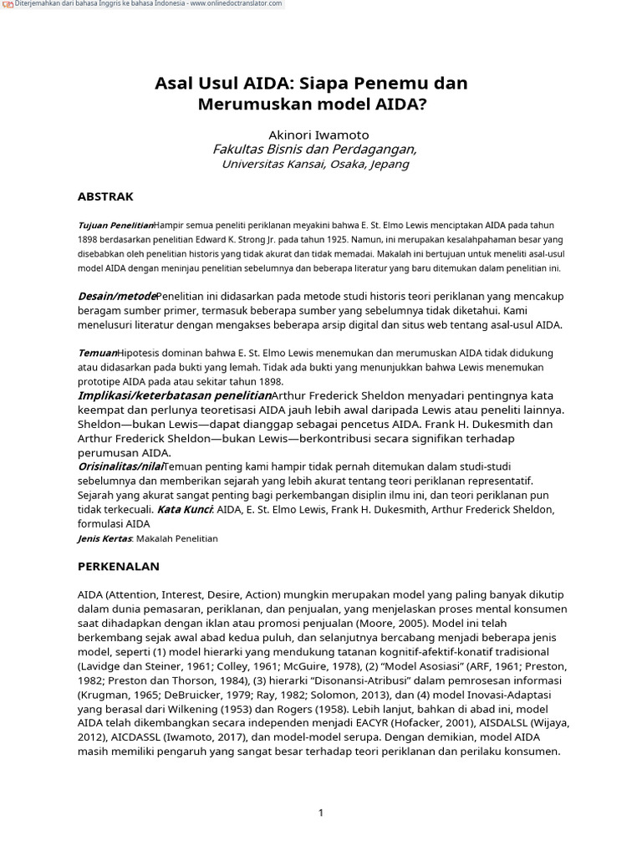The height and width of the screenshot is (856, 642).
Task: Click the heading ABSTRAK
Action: click(105, 197)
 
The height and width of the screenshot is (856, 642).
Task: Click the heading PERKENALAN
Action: click(118, 567)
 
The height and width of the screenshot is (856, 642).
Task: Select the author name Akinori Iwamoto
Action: click(318, 135)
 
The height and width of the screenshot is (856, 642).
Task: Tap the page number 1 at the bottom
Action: click(321, 813)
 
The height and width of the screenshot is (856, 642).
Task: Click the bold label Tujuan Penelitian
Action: click(115, 226)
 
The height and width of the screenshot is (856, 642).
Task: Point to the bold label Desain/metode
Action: click(117, 296)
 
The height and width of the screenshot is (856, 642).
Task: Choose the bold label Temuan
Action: click(97, 353)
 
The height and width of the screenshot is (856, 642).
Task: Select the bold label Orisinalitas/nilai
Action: click(120, 466)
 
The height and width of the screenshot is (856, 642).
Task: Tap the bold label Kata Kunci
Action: click(185, 509)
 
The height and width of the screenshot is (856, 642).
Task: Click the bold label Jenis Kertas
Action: click(105, 539)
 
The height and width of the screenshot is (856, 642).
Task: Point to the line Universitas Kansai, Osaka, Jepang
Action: click(314, 165)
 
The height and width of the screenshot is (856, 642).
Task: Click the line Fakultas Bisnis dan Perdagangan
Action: click(314, 150)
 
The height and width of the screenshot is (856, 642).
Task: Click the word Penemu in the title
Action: click(395, 84)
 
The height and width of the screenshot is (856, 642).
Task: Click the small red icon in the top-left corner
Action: click(8, 5)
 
